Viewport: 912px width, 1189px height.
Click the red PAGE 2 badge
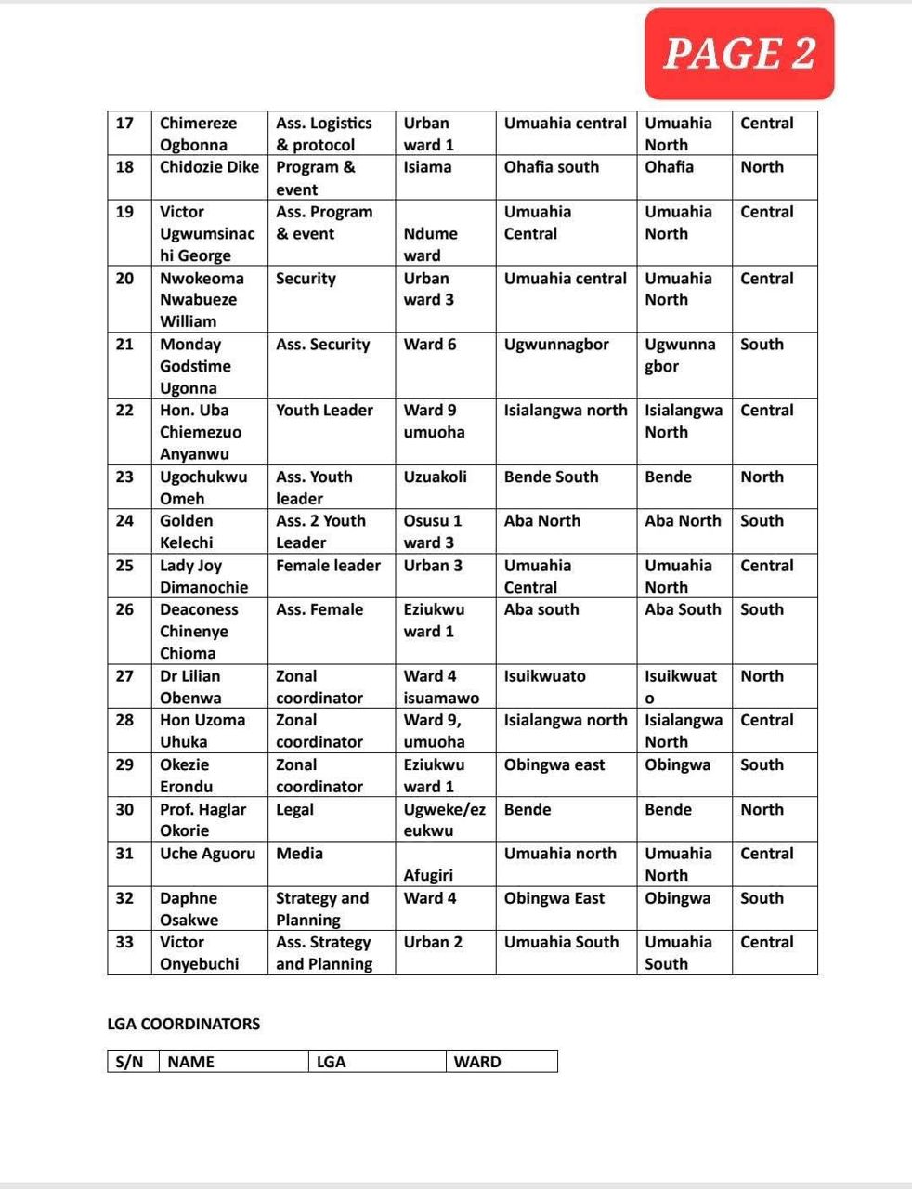[739, 54]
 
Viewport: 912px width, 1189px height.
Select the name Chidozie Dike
[209, 167]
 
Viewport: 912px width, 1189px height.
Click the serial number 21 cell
[125, 345]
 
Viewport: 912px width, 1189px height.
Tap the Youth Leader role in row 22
[324, 411]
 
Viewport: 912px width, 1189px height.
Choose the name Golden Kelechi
[187, 531]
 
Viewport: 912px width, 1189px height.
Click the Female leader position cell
[328, 566]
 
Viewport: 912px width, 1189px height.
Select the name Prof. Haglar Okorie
[202, 819]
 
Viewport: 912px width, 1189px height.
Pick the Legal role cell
[295, 809]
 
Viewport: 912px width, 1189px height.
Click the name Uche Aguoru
[207, 854]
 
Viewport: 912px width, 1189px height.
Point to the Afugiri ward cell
[428, 874]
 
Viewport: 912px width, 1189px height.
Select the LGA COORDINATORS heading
[184, 1024]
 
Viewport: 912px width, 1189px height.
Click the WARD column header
[477, 1062]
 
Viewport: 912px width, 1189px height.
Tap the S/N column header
[130, 1062]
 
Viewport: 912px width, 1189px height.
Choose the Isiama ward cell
[427, 167]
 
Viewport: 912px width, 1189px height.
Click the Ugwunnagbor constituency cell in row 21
[556, 345]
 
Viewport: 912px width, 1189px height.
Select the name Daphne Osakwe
[189, 908]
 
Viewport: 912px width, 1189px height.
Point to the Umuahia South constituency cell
[561, 942]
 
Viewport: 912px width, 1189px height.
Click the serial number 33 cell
[125, 942]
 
